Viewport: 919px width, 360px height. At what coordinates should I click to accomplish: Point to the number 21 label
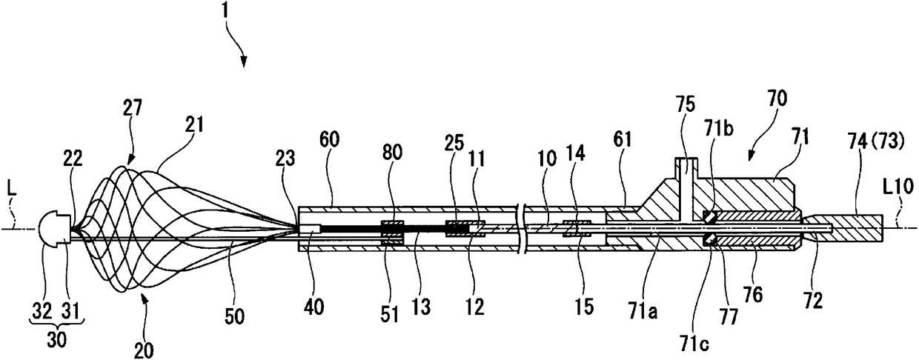pos(193,124)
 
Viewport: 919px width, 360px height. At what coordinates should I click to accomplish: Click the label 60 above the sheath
pos(329,140)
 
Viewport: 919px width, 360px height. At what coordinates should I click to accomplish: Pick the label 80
pos(392,153)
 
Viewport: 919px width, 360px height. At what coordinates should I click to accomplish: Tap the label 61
pos(622,141)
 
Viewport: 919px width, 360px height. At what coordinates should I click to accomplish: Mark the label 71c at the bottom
pos(694,344)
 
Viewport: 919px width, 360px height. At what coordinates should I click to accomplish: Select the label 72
pos(814,301)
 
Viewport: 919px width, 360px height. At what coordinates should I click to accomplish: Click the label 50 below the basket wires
pos(234,316)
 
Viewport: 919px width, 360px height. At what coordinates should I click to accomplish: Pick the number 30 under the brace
pos(56,339)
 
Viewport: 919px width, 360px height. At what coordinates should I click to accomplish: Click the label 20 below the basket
pos(144,350)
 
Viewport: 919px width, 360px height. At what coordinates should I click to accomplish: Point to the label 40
pos(313,307)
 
